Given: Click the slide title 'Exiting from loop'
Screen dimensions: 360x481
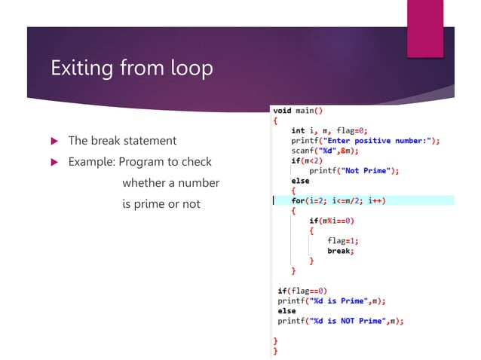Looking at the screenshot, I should [x=131, y=69].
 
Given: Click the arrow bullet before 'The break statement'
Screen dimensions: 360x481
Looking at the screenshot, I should [x=54, y=141].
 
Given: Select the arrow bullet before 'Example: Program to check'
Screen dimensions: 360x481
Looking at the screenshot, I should [x=54, y=162].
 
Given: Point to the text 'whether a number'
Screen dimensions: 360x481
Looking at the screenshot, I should [x=170, y=183].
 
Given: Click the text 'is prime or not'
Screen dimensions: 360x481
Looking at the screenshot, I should [x=161, y=204].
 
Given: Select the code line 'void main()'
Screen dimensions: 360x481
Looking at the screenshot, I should [x=298, y=111].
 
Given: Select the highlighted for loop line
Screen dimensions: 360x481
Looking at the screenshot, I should [x=339, y=200].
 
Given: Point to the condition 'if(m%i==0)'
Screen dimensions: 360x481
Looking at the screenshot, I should [x=332, y=221].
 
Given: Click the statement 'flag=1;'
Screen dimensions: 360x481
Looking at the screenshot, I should [x=342, y=241].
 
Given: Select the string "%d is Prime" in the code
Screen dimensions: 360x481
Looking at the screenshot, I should [x=341, y=301].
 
